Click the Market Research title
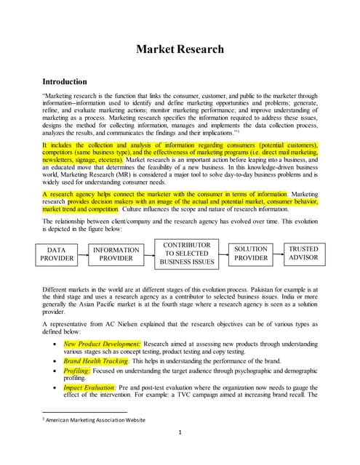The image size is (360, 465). click(x=180, y=49)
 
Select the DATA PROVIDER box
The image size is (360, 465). click(x=57, y=254)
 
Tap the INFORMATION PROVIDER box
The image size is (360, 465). click(x=116, y=254)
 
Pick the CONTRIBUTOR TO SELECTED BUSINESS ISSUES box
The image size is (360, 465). click(x=187, y=254)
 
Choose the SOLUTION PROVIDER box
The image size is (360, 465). click(x=251, y=254)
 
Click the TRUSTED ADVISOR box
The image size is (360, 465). click(x=303, y=254)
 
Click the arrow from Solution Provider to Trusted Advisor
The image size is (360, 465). click(x=277, y=254)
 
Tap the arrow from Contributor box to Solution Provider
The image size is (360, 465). click(x=224, y=254)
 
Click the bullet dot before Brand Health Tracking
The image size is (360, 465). click(x=57, y=361)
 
